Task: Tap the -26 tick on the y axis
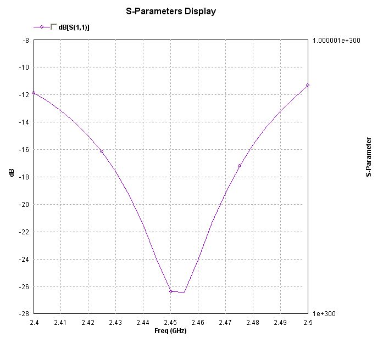tap(24, 287)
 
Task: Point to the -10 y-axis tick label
tap(24, 67)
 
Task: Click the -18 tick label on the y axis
tap(24, 177)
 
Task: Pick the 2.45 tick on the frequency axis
tap(170, 323)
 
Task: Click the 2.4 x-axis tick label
tap(34, 323)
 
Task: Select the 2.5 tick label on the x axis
tap(308, 323)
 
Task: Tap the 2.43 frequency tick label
tap(115, 323)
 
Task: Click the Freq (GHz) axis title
tap(170, 331)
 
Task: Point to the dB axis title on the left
tap(12, 173)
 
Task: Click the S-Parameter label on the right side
tap(368, 157)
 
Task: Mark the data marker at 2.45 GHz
tap(171, 291)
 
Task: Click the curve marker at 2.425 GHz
tap(102, 151)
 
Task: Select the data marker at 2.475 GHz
tap(240, 166)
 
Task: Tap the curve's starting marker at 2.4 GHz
tap(34, 93)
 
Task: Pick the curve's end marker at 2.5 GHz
tap(308, 85)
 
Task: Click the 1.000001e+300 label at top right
tap(336, 41)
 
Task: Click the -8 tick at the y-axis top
tap(25, 40)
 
